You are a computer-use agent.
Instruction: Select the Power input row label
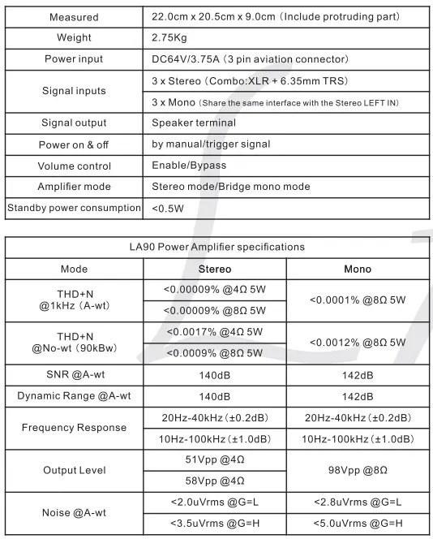pos(74,59)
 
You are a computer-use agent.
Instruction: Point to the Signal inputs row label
pos(74,91)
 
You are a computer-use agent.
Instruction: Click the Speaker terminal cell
pos(194,123)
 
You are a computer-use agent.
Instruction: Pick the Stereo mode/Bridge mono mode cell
pos(231,187)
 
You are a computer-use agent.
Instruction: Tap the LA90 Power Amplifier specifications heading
pos(216,247)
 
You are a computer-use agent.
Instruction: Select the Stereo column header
pos(215,269)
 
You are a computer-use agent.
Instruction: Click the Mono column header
pos(358,269)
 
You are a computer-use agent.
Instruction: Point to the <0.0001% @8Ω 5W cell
pos(358,300)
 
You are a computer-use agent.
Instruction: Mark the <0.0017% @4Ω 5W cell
pos(215,332)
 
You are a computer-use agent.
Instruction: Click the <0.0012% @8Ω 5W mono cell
pos(358,343)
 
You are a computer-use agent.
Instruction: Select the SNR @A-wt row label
pos(74,375)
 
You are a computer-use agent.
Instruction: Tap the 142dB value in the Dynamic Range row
pos(358,396)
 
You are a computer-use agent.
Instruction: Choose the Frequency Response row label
pos(74,428)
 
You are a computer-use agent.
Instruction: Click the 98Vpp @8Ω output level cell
pos(358,470)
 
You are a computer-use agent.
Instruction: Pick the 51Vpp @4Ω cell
pos(215,459)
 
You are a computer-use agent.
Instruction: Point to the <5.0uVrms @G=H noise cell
pos(358,524)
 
